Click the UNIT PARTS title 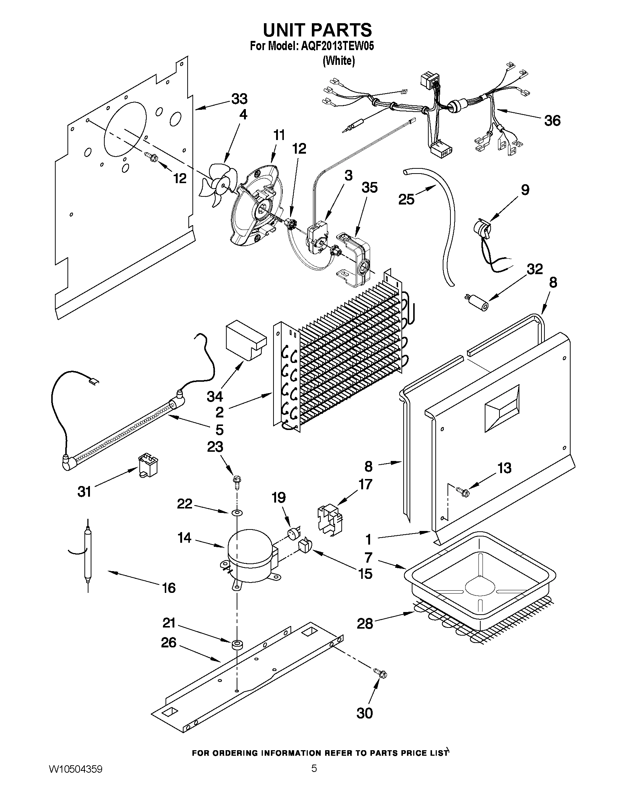point(317,29)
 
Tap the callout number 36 point(552,121)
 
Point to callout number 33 point(239,99)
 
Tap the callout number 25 point(406,199)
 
